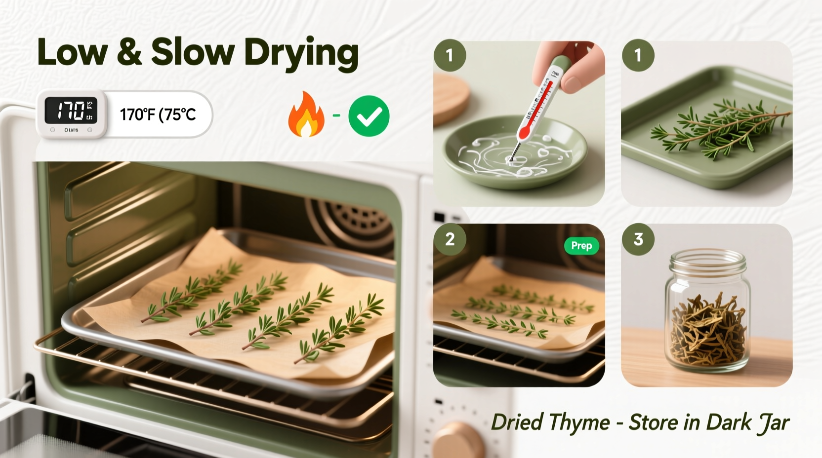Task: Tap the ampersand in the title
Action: (129, 52)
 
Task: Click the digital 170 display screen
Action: (71, 110)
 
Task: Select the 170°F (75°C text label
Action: (158, 114)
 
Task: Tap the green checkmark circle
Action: (369, 116)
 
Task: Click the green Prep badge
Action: (581, 245)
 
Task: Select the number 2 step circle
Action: (450, 239)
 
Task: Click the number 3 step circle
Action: (638, 239)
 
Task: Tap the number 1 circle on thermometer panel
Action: (450, 55)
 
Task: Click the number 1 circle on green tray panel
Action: (638, 55)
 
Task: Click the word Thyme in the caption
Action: (579, 423)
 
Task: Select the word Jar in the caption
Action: (773, 423)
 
